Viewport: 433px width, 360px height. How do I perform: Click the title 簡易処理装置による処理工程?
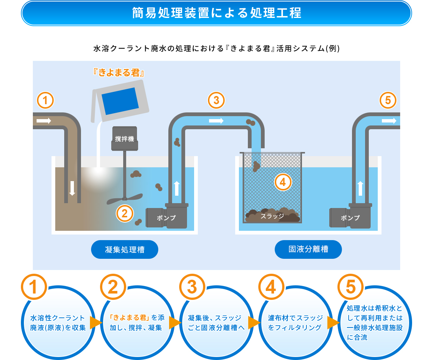216,13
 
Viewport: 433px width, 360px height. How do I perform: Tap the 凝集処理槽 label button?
125,249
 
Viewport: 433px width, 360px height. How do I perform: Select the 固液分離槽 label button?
308,249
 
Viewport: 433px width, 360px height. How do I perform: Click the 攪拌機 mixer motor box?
124,139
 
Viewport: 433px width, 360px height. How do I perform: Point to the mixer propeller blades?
125,198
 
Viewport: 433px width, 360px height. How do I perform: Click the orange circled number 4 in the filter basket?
283,182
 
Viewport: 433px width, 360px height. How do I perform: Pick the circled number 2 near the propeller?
125,213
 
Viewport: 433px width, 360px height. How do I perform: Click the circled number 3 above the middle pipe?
216,100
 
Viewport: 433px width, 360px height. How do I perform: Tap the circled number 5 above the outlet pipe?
388,100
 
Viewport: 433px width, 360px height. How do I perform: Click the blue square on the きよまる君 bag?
120,101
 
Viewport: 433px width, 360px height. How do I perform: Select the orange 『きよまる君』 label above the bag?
118,72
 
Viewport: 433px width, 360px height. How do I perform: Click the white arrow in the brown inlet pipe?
44,121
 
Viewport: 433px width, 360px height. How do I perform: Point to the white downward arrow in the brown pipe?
72,189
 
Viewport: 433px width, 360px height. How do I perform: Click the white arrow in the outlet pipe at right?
389,121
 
